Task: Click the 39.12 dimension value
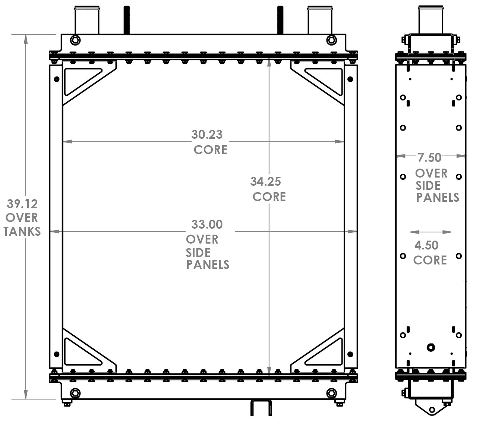(22, 204)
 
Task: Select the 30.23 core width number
(207, 134)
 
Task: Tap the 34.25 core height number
(265, 182)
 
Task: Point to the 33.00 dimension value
(207, 225)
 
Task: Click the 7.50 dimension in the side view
(429, 157)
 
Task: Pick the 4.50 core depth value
(426, 245)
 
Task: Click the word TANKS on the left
(22, 232)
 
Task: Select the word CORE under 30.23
(210, 150)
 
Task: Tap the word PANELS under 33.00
(208, 265)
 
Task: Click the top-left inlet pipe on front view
(87, 21)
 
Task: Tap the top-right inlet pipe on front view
(319, 21)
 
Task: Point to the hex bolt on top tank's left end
(75, 40)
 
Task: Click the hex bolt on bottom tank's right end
(331, 393)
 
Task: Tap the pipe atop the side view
(431, 19)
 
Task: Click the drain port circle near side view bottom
(431, 348)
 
